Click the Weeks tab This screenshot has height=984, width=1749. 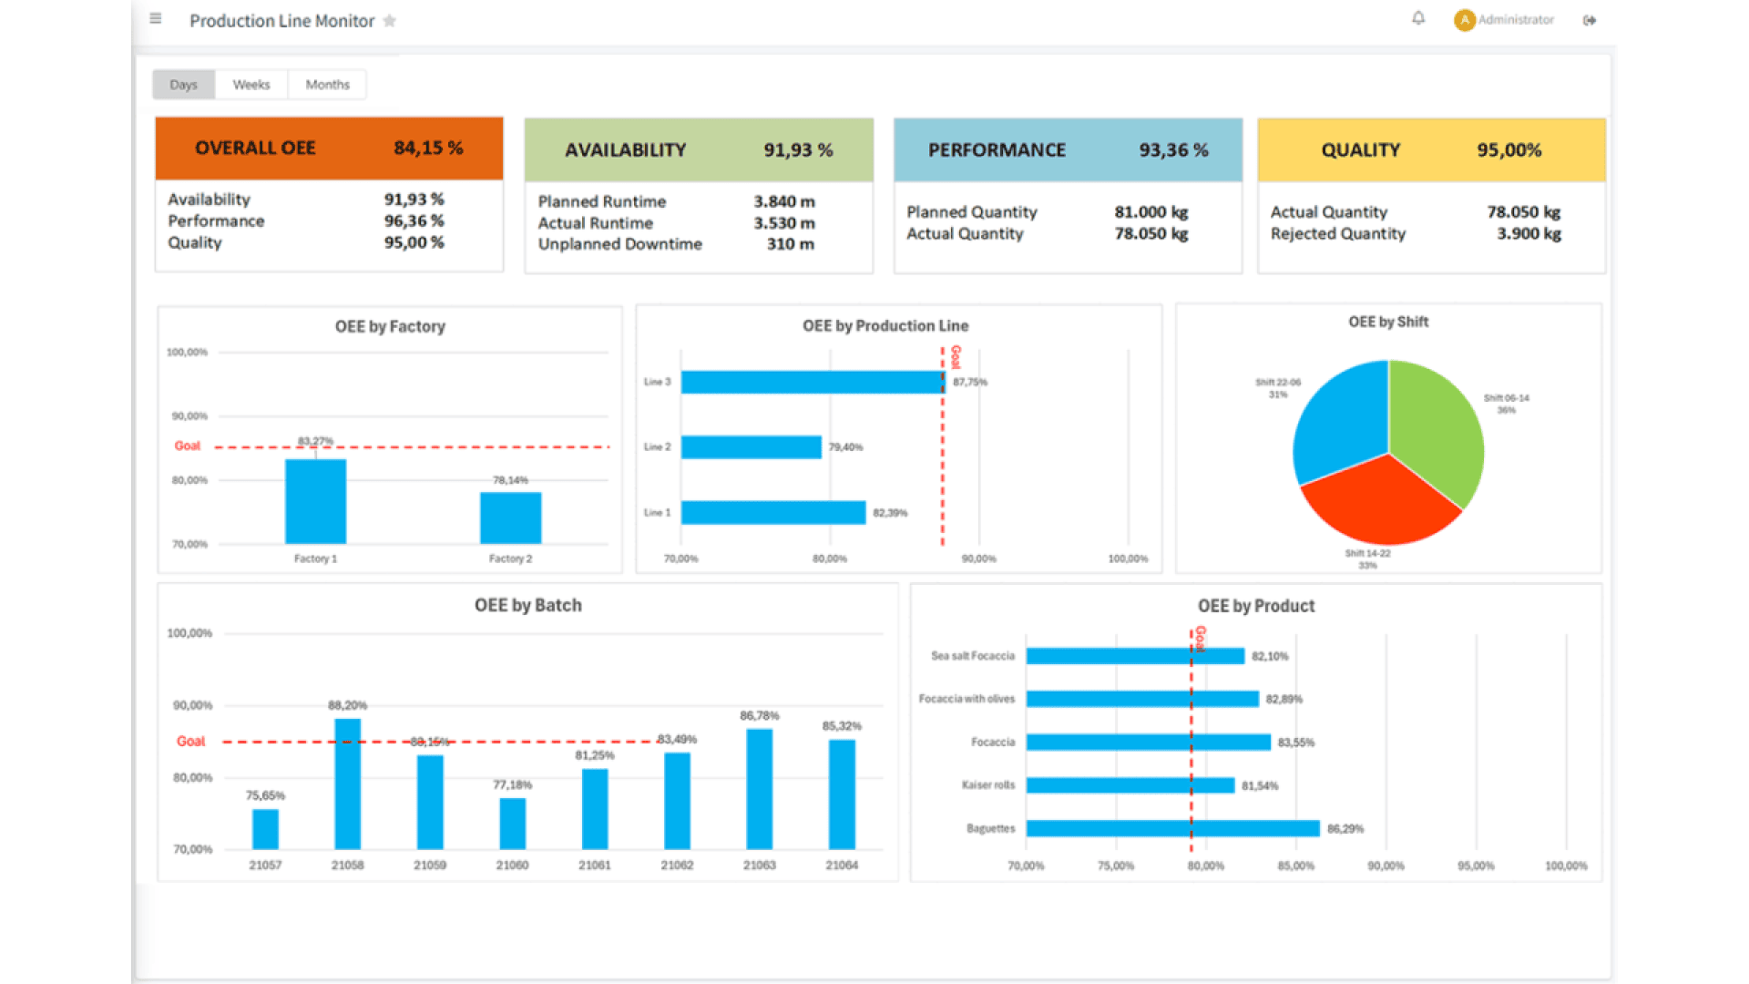tap(251, 85)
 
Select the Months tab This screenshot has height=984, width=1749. tap(327, 85)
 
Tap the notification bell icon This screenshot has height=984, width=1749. tap(1418, 18)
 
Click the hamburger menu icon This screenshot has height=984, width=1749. tap(156, 18)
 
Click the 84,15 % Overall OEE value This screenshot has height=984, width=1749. tap(428, 148)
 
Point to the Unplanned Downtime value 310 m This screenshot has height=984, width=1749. tap(790, 244)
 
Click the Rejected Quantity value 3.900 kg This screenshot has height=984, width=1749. tap(1529, 234)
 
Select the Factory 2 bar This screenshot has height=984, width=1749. tap(510, 518)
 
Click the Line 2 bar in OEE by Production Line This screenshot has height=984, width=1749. tap(751, 447)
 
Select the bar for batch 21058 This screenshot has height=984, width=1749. tap(347, 784)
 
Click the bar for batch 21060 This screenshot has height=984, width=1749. tap(512, 823)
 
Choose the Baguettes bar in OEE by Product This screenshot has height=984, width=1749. tap(1171, 828)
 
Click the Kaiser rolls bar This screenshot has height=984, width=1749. tap(1130, 785)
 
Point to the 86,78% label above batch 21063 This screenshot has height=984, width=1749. tap(759, 716)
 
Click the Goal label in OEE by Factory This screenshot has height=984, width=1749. tap(187, 446)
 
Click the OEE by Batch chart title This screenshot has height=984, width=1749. tap(527, 606)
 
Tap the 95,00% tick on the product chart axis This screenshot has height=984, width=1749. tap(1476, 866)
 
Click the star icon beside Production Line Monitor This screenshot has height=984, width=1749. tap(390, 21)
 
